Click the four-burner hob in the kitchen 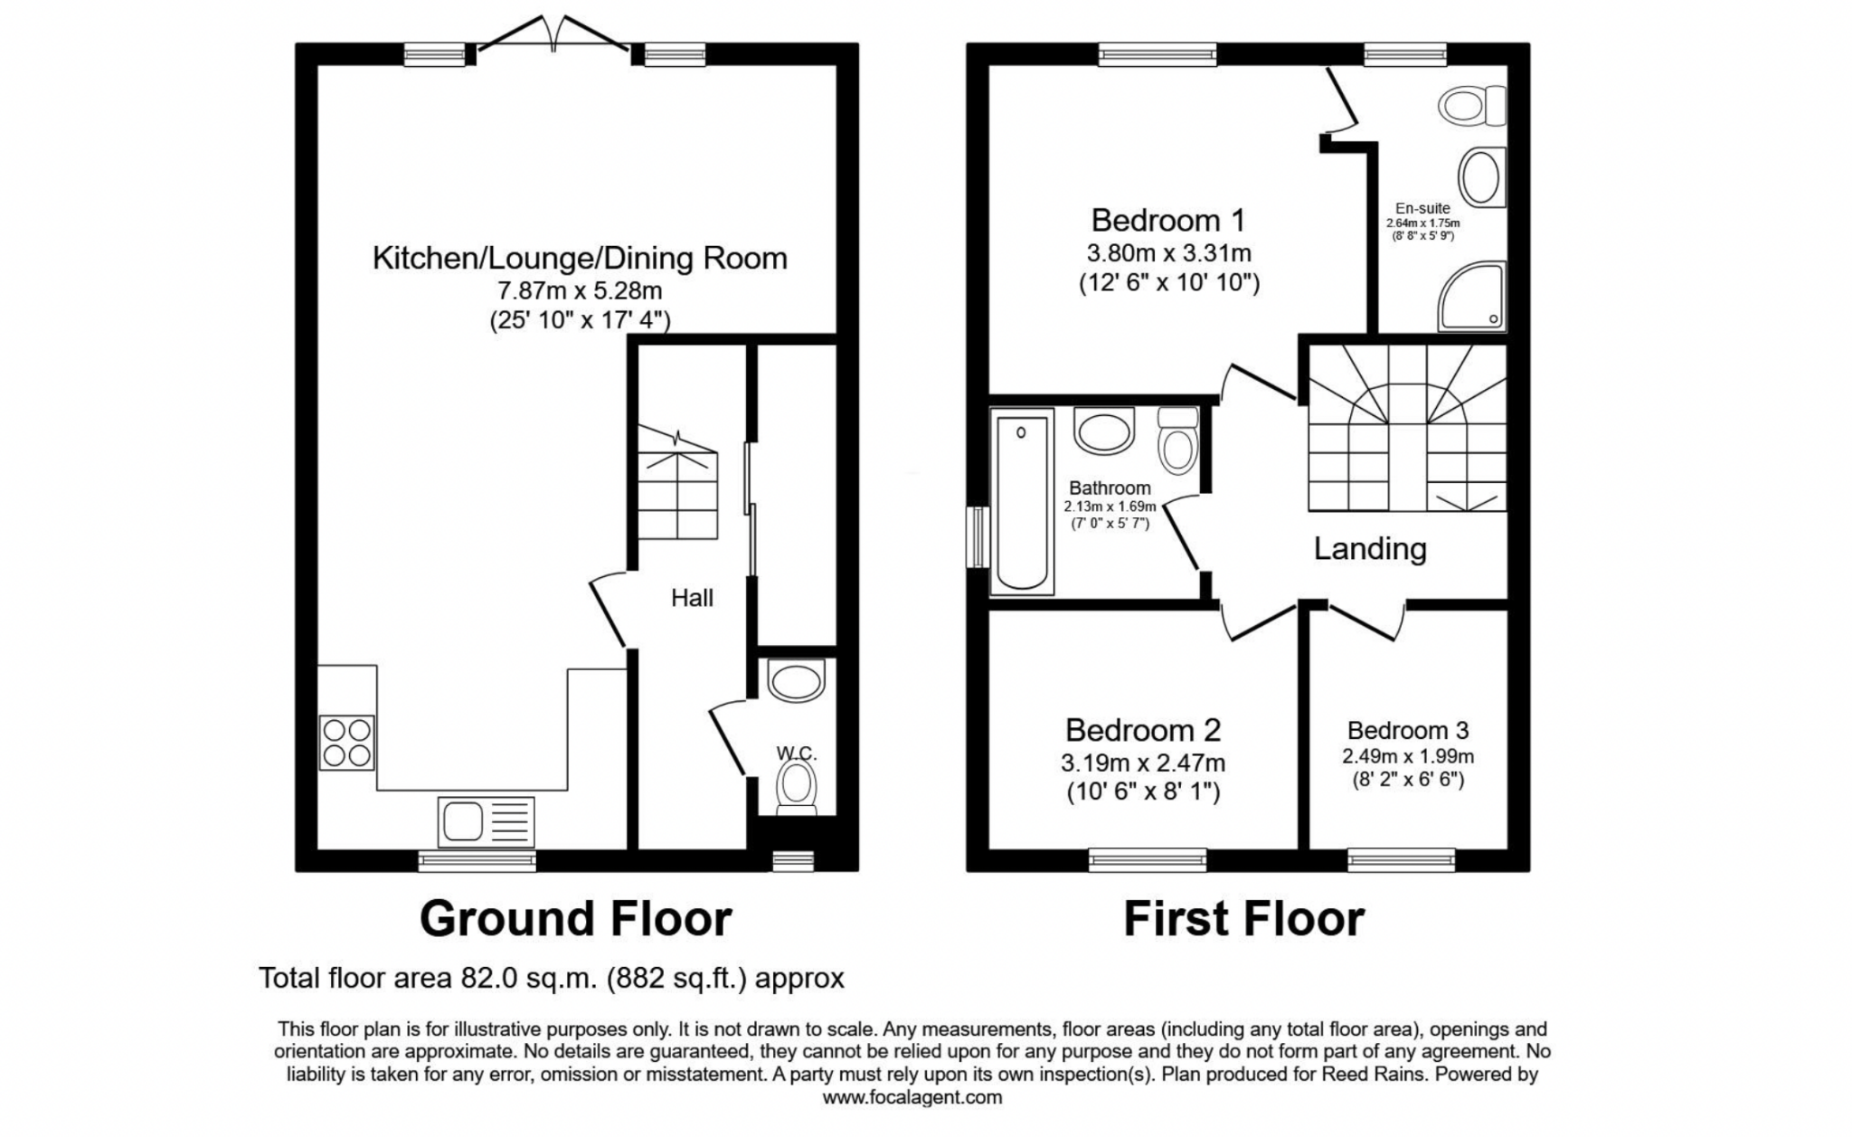tap(346, 743)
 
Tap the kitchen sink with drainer tap(486, 821)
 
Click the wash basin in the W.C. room tap(796, 680)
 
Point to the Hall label tap(692, 598)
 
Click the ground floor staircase tap(678, 483)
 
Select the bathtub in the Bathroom tap(1022, 501)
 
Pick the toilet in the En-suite tap(1472, 107)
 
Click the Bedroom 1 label tap(1167, 220)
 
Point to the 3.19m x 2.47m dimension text tap(1143, 763)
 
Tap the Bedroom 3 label tap(1407, 730)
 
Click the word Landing tap(1370, 548)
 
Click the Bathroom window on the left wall tap(978, 537)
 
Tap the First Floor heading tap(1243, 919)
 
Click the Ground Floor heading tap(575, 919)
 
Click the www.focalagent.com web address tap(912, 1098)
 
